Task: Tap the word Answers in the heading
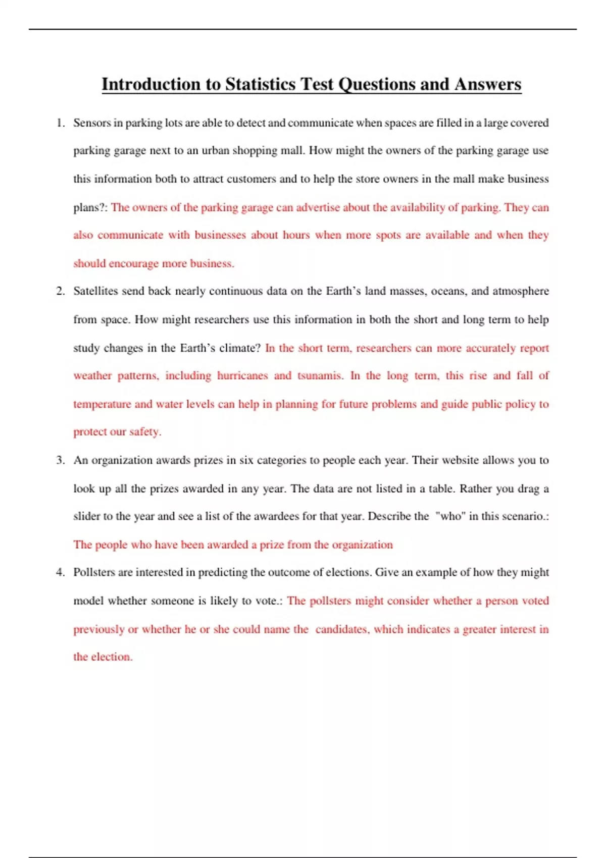[x=487, y=84]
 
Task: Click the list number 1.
[x=61, y=123]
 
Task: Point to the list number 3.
[x=61, y=460]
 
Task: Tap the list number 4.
[x=61, y=572]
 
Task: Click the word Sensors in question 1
[x=91, y=123]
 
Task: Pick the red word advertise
[x=318, y=207]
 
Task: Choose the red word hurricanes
[x=242, y=376]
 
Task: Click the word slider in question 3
[x=86, y=516]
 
